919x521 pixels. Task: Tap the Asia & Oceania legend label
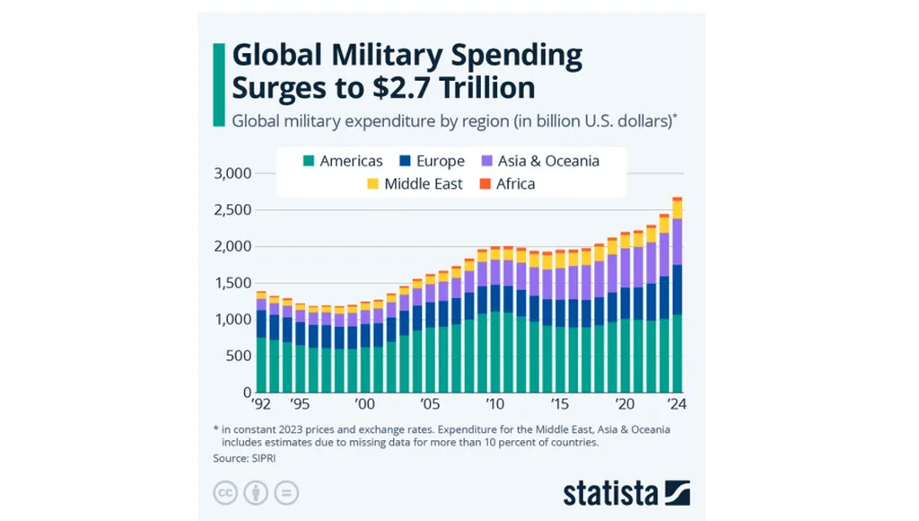[548, 162]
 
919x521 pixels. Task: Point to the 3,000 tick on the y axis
[232, 173]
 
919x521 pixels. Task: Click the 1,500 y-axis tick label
[232, 283]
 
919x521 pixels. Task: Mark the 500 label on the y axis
[238, 356]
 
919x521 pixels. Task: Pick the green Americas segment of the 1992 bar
[261, 365]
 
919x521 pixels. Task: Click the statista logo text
[610, 492]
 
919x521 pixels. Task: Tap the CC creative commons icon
[225, 492]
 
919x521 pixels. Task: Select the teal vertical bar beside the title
[217, 84]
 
